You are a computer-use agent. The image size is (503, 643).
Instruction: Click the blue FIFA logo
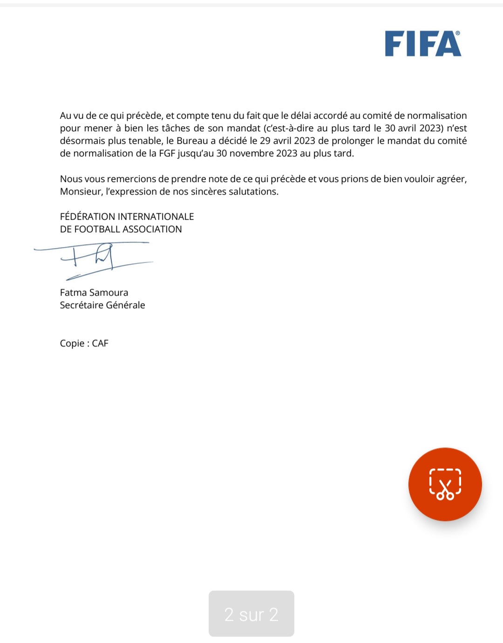(x=423, y=44)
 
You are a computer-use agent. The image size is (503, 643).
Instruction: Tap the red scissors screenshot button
(x=445, y=484)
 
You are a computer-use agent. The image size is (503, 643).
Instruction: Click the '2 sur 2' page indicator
(x=251, y=614)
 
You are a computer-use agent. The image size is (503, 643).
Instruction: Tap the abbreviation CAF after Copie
(x=100, y=343)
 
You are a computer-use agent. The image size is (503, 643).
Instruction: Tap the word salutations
(x=254, y=191)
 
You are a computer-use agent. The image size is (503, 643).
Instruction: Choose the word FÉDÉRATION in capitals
(x=88, y=217)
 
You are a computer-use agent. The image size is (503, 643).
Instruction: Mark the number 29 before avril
(x=265, y=141)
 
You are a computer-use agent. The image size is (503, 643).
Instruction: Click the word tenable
(x=146, y=141)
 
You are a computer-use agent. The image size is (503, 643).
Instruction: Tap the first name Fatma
(x=73, y=292)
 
